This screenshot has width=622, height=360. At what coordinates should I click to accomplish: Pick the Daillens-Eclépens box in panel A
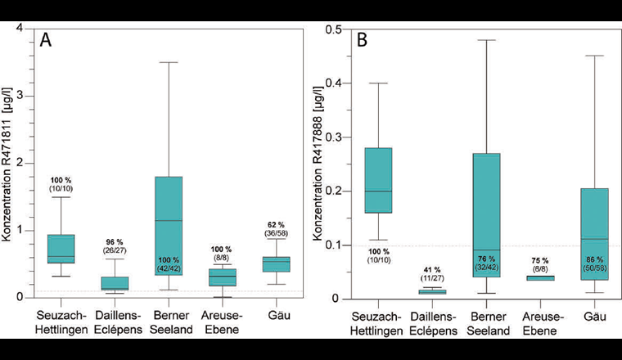pos(115,282)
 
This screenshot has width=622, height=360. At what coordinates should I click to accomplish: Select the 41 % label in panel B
pos(432,270)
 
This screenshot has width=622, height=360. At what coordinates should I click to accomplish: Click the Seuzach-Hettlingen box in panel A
pos(61,249)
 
